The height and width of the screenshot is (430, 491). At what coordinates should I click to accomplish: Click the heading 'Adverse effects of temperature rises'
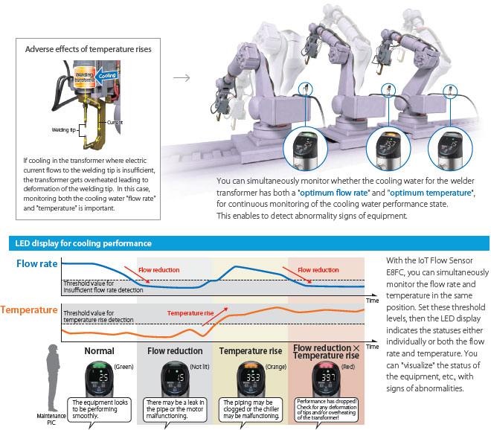[x=89, y=49]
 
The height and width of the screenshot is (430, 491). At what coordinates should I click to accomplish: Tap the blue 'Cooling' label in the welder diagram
[x=109, y=75]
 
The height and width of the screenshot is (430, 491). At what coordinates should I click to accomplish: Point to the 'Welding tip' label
[x=65, y=129]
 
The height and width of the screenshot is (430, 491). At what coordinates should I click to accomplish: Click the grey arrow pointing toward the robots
[x=180, y=76]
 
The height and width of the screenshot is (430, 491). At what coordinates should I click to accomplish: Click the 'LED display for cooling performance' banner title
[x=83, y=243]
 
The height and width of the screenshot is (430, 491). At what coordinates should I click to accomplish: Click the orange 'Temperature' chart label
[x=30, y=309]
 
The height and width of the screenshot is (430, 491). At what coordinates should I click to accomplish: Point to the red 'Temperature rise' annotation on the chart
[x=190, y=313]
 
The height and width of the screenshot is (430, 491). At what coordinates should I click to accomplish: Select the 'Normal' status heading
[x=100, y=350]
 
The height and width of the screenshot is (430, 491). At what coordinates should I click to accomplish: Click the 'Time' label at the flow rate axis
[x=373, y=300]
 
